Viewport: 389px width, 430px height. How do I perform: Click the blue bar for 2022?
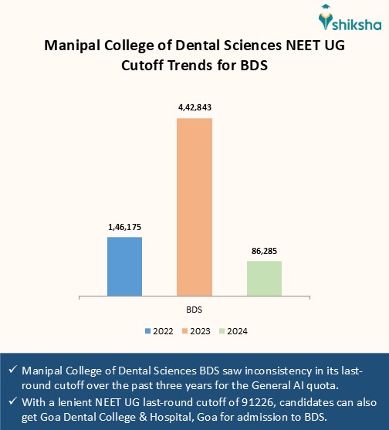(x=124, y=266)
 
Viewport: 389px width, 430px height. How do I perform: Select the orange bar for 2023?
(x=194, y=207)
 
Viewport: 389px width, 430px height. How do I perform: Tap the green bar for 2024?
(x=264, y=278)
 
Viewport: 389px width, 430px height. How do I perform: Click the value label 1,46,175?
(x=124, y=227)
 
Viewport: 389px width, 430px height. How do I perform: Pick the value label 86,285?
(x=264, y=251)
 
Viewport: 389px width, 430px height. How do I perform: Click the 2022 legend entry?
(x=159, y=331)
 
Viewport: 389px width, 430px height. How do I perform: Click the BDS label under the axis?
(x=194, y=309)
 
